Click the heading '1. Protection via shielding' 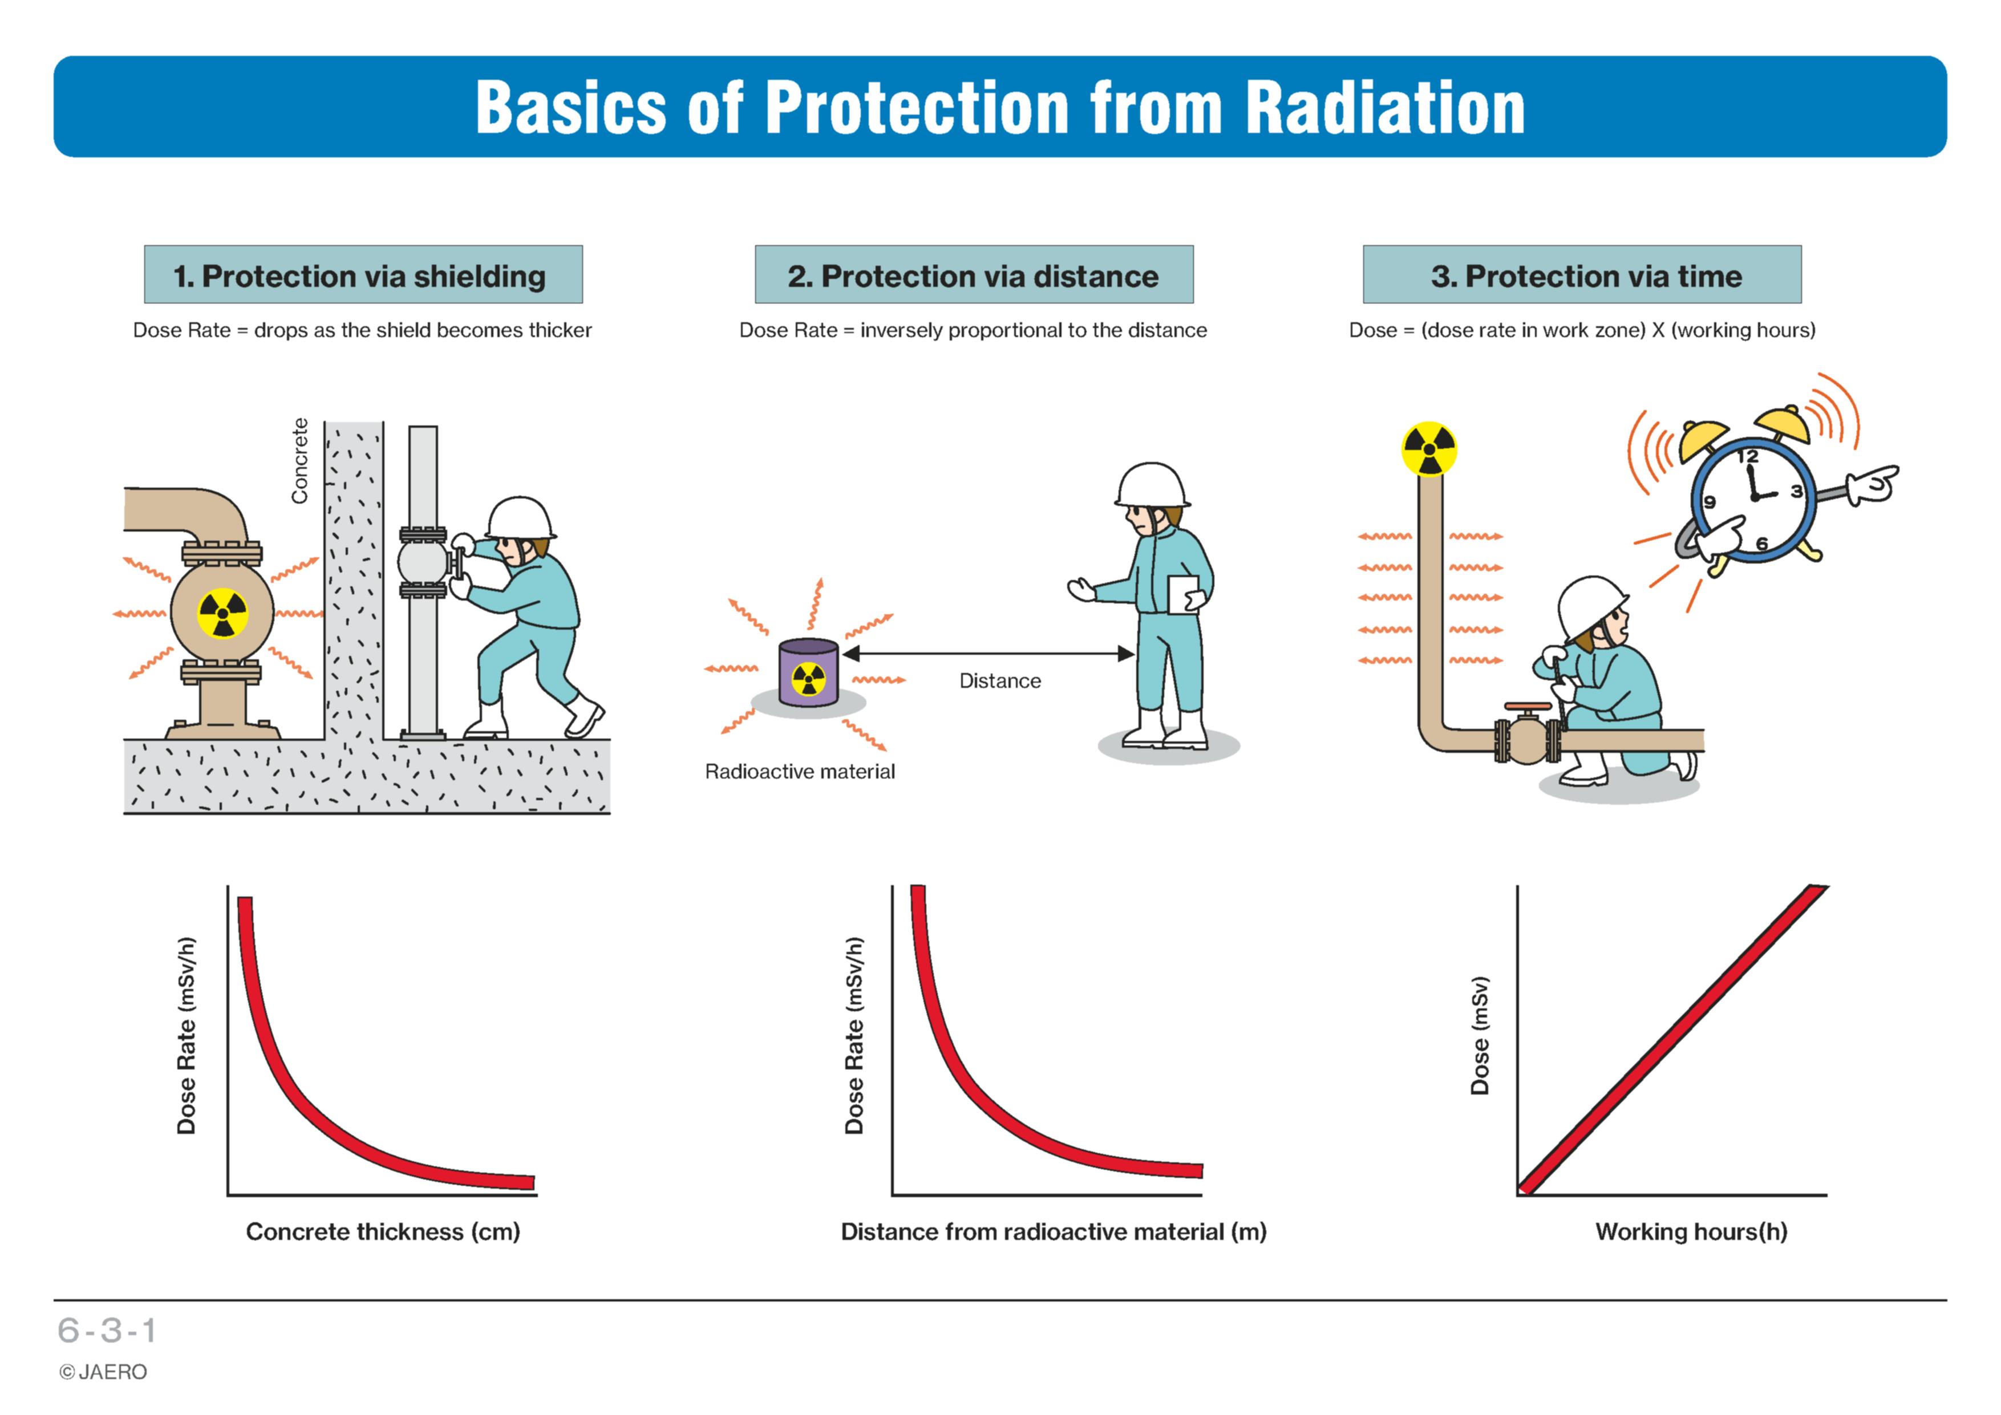pyautogui.click(x=360, y=276)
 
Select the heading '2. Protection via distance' pyautogui.click(x=974, y=276)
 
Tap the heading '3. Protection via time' pyautogui.click(x=1586, y=276)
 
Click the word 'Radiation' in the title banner pyautogui.click(x=1385, y=107)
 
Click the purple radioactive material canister pyautogui.click(x=809, y=672)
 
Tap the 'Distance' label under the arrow pyautogui.click(x=999, y=680)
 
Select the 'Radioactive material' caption pyautogui.click(x=799, y=771)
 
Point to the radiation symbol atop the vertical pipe pyautogui.click(x=1428, y=449)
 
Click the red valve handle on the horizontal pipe pyautogui.click(x=1528, y=707)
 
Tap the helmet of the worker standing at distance pyautogui.click(x=1152, y=485)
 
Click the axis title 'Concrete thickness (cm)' pyautogui.click(x=383, y=1231)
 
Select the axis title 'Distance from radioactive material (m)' pyautogui.click(x=1054, y=1231)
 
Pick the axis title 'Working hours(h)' pyautogui.click(x=1691, y=1231)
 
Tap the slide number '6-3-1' pyautogui.click(x=107, y=1331)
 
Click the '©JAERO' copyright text pyautogui.click(x=103, y=1372)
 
